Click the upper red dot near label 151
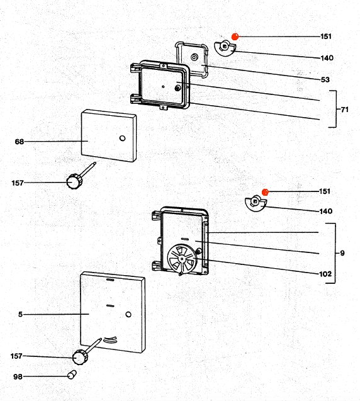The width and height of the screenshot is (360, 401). click(x=235, y=37)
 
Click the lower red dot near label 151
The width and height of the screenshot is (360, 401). click(x=266, y=192)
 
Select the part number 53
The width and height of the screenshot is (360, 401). click(x=325, y=80)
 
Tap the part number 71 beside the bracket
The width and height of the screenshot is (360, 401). click(x=345, y=110)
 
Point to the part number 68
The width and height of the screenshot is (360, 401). click(x=19, y=142)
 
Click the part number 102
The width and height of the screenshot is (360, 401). click(x=325, y=274)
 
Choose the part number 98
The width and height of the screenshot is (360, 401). click(x=18, y=376)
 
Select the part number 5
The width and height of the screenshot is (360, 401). click(x=20, y=314)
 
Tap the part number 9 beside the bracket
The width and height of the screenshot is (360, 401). click(x=342, y=253)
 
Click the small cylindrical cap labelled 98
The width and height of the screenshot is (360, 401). click(x=72, y=375)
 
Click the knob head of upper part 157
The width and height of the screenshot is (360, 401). click(x=74, y=181)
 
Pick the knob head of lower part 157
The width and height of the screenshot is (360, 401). click(x=81, y=357)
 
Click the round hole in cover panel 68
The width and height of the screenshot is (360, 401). click(x=123, y=138)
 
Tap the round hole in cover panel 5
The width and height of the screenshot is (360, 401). click(x=128, y=314)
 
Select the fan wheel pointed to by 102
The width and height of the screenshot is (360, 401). click(x=182, y=259)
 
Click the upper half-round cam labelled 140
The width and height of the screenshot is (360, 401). click(x=225, y=48)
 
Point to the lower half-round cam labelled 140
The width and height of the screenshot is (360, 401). click(x=256, y=203)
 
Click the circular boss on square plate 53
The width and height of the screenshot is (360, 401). click(x=194, y=57)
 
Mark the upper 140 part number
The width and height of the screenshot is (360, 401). click(x=327, y=58)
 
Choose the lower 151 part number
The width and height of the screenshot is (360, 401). click(x=325, y=191)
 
